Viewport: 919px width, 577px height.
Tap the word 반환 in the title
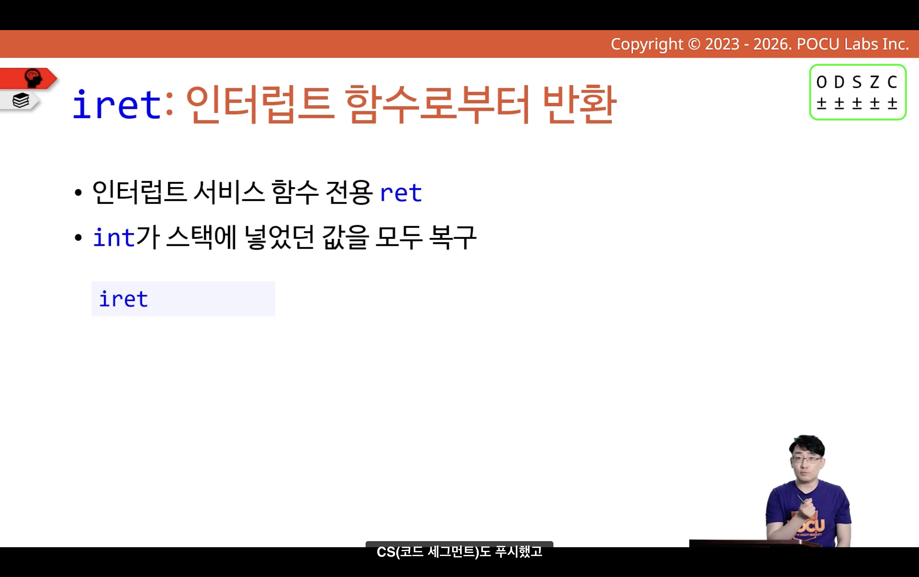(x=580, y=104)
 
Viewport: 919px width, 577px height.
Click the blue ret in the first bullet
(x=401, y=193)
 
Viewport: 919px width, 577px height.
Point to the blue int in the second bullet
(x=114, y=237)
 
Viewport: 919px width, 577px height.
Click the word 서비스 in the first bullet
(x=229, y=192)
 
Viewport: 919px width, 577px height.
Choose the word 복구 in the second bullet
(x=453, y=237)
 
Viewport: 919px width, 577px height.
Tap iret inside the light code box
(x=123, y=299)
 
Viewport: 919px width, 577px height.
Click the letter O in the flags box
(x=821, y=82)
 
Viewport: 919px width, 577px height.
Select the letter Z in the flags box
(x=874, y=82)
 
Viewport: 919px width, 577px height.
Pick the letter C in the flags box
(x=892, y=82)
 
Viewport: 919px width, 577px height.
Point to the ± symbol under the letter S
(x=857, y=103)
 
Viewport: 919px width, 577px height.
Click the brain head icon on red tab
(x=33, y=78)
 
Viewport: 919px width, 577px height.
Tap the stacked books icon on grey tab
(x=21, y=100)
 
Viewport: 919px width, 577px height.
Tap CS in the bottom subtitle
(x=386, y=552)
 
